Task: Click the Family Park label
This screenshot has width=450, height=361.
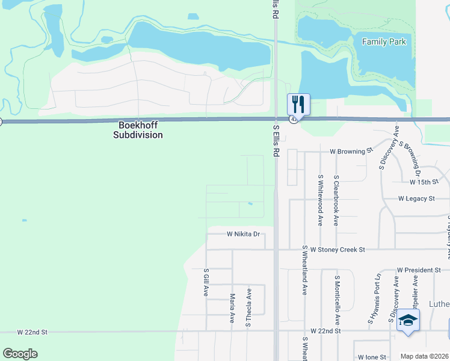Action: click(x=384, y=42)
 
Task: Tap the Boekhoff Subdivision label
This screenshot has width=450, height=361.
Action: click(x=138, y=131)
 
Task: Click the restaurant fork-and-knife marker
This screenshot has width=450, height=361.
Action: click(x=298, y=104)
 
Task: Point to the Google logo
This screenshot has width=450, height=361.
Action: click(x=20, y=354)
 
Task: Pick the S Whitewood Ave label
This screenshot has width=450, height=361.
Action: click(x=321, y=200)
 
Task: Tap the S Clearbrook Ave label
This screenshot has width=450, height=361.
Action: click(x=336, y=200)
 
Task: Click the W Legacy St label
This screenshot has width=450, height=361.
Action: click(x=416, y=198)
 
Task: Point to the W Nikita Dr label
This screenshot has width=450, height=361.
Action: click(x=243, y=234)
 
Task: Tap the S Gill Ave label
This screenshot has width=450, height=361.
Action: click(x=206, y=282)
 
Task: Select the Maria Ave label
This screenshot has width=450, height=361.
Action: click(x=232, y=308)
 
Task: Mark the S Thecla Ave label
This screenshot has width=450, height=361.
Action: click(x=248, y=307)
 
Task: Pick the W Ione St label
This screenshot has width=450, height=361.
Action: click(x=371, y=357)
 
